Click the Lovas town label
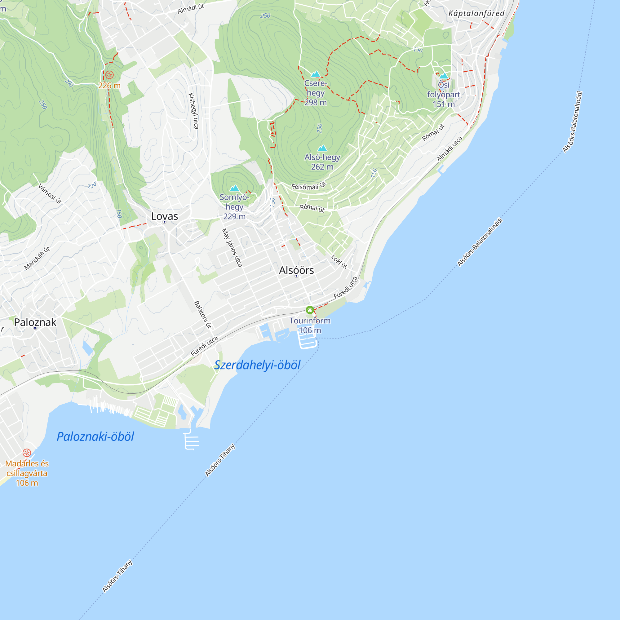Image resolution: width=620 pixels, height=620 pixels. [x=164, y=216]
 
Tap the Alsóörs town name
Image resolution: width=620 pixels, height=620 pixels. [x=296, y=270]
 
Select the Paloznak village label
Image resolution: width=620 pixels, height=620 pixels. [x=35, y=322]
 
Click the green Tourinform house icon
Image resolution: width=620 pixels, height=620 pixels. [x=310, y=310]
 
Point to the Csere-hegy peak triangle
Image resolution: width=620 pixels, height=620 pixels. [x=316, y=74]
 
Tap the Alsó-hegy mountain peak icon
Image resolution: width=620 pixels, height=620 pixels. [x=322, y=148]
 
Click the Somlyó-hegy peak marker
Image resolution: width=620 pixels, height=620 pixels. [x=235, y=188]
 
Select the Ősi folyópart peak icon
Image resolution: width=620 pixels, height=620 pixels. [x=444, y=76]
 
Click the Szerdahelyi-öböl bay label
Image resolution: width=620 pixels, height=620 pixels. [x=257, y=365]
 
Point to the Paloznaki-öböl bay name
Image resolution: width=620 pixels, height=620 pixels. [x=95, y=437]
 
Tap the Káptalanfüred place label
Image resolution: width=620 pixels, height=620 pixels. [x=476, y=13]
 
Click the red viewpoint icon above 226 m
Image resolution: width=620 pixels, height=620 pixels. [x=109, y=75]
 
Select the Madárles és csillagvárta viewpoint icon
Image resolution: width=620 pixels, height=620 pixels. [x=27, y=453]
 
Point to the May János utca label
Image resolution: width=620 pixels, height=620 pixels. [x=232, y=248]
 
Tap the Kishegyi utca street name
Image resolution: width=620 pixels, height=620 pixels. [x=193, y=111]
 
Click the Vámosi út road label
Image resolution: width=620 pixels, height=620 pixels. [x=50, y=194]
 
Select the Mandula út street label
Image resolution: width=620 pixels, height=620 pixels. [x=37, y=258]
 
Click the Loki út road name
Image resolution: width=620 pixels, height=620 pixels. [x=339, y=262]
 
